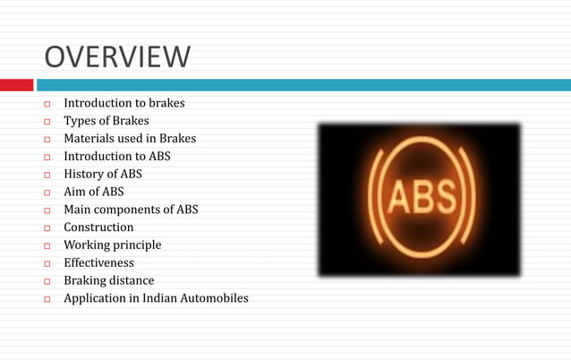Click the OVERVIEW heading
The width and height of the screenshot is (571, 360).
point(117,57)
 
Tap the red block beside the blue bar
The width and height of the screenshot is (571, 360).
point(16,85)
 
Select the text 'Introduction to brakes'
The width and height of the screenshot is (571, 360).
point(124,103)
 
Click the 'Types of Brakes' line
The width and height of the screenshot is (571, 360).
point(107,121)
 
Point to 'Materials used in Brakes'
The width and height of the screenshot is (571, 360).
point(129,139)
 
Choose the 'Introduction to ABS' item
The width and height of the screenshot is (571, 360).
point(116,157)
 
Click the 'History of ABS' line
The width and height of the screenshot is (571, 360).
point(102,174)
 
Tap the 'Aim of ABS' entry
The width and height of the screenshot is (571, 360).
point(94,192)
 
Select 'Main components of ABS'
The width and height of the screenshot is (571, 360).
point(131,210)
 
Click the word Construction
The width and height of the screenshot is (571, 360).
point(98,227)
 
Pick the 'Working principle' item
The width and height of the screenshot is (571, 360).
point(112,244)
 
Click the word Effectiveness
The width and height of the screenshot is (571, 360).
point(98,262)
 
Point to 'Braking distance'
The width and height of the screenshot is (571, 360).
point(109,280)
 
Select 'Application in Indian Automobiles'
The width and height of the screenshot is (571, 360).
point(156,298)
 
